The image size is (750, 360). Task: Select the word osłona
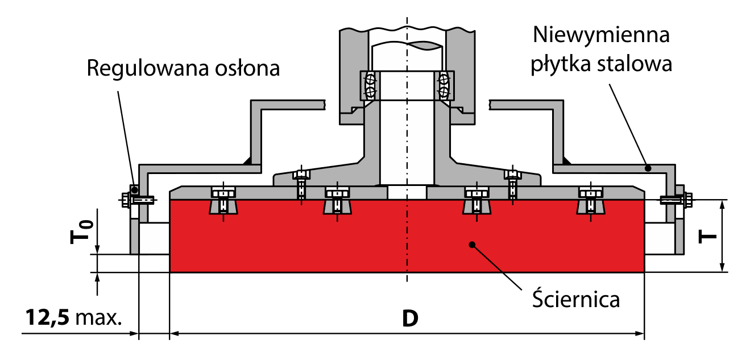point(247,68)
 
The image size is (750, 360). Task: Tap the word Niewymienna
point(602,35)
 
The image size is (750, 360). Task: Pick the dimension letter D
point(410,318)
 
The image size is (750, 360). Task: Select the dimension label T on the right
point(707,237)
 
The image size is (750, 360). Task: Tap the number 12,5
point(48,317)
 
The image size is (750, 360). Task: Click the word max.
point(98,318)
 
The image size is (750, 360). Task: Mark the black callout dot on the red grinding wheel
point(472,245)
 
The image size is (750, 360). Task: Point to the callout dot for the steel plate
point(648,168)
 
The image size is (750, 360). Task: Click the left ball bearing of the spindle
point(370,85)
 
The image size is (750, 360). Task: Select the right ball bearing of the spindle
point(444,85)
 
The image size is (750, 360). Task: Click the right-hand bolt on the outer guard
point(677,200)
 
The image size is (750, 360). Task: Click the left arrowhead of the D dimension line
point(174,333)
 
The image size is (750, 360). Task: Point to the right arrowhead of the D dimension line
point(640,333)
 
